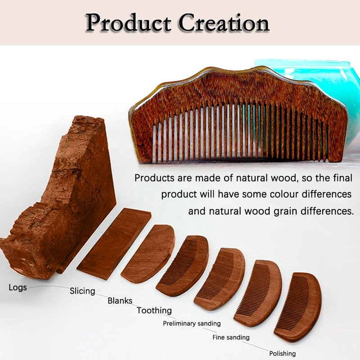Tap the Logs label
18,288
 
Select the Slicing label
82,291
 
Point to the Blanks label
120,301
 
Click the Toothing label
154,310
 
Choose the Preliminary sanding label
192,324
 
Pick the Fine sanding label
231,337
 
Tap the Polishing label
283,353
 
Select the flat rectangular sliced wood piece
114,244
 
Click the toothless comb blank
148,254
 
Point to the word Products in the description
154,178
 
